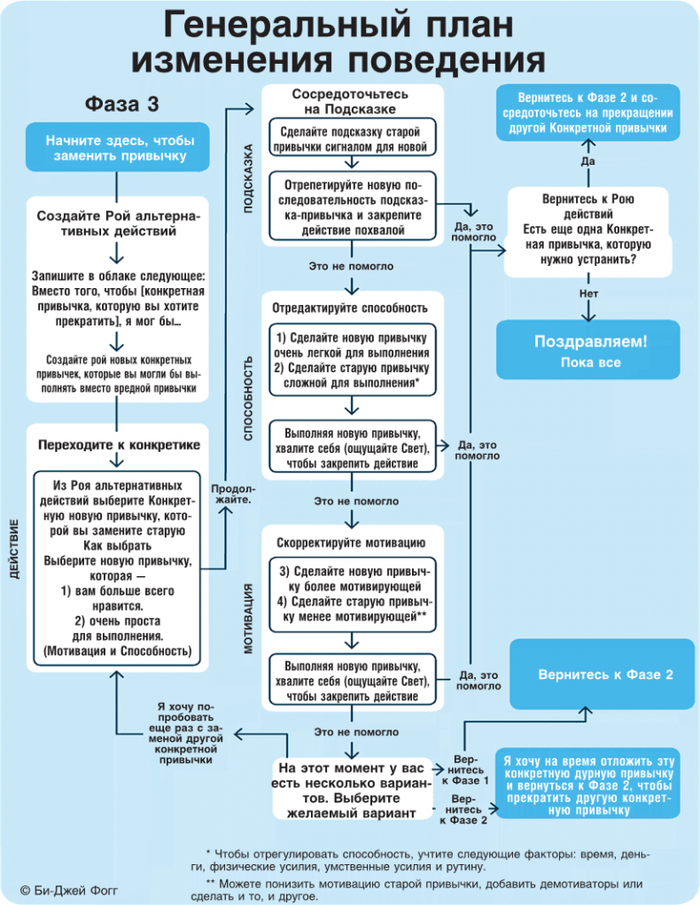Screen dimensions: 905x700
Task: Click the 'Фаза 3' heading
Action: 122,105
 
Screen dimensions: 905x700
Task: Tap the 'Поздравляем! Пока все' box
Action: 589,351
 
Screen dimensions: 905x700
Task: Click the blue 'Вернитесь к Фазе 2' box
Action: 605,675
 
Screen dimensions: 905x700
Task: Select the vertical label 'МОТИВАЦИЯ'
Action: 249,619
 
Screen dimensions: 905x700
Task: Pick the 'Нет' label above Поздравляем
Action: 587,293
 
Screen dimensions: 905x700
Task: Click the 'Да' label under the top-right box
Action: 587,161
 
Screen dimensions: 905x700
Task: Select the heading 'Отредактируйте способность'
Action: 352,308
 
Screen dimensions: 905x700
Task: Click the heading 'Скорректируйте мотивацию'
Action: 352,542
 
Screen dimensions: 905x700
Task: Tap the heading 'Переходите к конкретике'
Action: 119,445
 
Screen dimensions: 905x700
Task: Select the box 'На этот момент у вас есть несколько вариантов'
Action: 352,789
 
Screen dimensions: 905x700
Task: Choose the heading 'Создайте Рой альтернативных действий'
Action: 119,223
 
